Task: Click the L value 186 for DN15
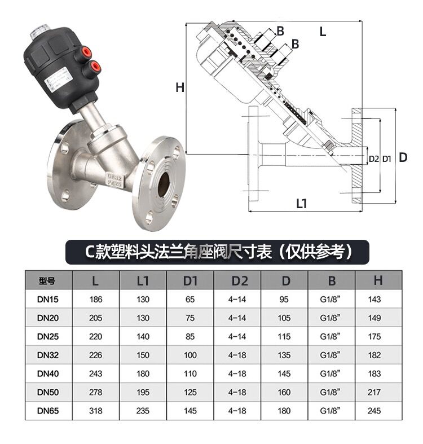point(96,300)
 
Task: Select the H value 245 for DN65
point(378,411)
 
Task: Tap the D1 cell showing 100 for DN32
point(190,355)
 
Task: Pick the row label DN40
point(48,373)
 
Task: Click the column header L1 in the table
point(143,280)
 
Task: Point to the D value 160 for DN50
point(284,392)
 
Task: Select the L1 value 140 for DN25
point(143,336)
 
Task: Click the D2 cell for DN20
point(237,318)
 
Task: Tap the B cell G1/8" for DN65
point(331,411)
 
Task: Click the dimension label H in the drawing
point(179,87)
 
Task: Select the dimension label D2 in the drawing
point(373,159)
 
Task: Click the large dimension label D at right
point(403,158)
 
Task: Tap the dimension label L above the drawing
point(323,32)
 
